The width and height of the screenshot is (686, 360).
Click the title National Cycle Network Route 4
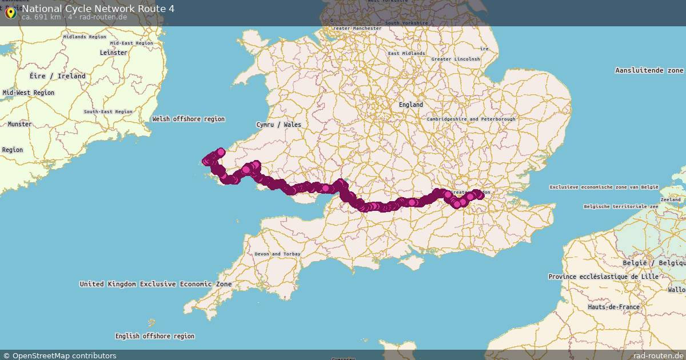click(98, 9)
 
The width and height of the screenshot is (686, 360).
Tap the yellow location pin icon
click(10, 12)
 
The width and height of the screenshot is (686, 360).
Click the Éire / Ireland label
click(58, 76)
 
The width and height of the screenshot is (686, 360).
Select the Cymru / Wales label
click(278, 125)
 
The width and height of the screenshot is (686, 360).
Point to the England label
click(411, 105)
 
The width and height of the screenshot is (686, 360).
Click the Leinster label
click(113, 53)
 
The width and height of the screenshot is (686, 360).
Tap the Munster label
click(20, 124)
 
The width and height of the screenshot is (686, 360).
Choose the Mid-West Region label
click(29, 93)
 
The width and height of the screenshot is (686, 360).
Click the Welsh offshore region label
click(189, 119)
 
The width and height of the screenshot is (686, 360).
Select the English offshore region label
click(155, 336)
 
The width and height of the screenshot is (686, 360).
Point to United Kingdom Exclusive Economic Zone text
click(156, 284)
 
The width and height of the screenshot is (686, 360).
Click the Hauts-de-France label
click(613, 307)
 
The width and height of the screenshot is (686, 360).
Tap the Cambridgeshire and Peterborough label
click(471, 119)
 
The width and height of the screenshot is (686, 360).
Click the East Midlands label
click(406, 53)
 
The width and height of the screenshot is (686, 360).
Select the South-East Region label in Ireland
click(108, 112)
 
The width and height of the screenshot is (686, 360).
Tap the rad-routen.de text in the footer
click(659, 355)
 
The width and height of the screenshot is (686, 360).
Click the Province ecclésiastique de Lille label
click(603, 277)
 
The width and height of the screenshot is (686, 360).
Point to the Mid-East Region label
click(131, 43)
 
